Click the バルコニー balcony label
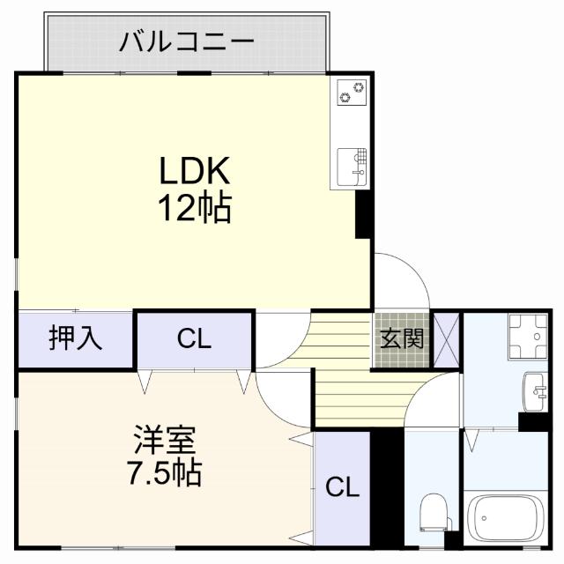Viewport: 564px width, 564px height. (187, 41)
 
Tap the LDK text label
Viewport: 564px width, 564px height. (194, 170)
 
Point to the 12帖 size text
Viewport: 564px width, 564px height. (194, 209)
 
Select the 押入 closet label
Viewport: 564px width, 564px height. (75, 338)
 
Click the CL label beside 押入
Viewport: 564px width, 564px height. (194, 339)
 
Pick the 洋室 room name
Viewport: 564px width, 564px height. (165, 439)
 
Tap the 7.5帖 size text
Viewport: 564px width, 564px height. (164, 474)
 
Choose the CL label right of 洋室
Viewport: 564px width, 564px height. (343, 487)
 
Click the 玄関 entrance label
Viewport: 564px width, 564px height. (402, 338)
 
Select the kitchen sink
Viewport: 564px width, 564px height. (352, 165)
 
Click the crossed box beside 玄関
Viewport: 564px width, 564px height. (446, 338)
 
